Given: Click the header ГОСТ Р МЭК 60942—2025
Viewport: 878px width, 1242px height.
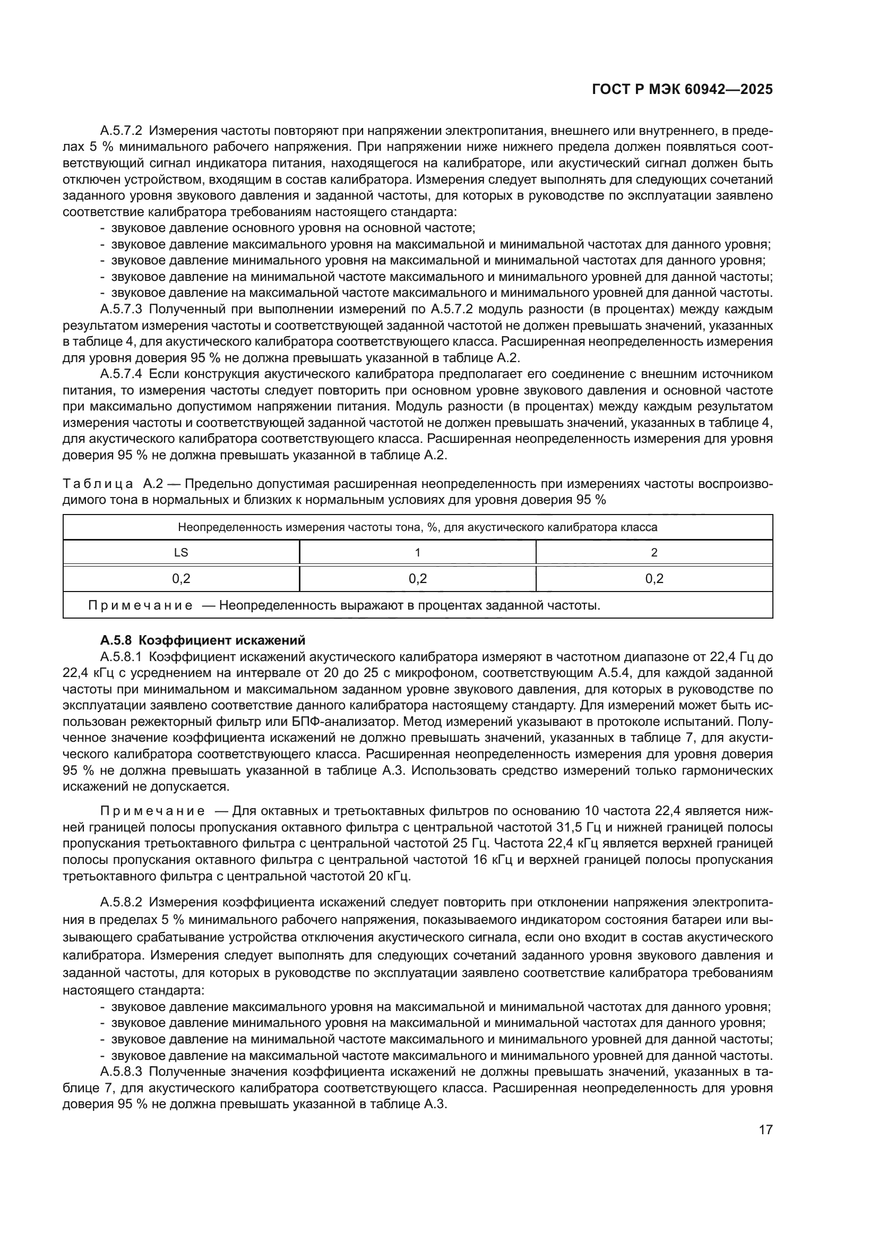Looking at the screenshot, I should click(x=682, y=90).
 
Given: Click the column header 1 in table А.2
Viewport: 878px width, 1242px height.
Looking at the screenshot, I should click(x=417, y=552).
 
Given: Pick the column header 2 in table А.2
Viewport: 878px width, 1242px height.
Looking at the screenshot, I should click(x=654, y=552).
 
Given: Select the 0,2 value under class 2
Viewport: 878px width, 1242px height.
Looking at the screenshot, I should click(x=654, y=578).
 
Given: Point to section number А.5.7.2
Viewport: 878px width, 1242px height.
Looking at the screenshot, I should click(x=120, y=131).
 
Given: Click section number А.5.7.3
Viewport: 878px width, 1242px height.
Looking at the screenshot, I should click(x=120, y=310).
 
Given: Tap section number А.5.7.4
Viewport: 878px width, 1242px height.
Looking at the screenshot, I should click(x=120, y=374).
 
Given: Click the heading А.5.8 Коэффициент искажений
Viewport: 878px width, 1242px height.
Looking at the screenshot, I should click(x=202, y=640).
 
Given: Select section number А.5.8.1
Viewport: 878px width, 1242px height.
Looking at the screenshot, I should click(x=120, y=657).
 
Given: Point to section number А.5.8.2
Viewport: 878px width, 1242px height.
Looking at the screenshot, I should click(x=120, y=902).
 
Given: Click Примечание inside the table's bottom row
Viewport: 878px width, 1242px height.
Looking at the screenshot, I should click(x=140, y=605).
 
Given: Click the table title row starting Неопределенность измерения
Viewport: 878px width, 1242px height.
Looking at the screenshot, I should click(x=417, y=527).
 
